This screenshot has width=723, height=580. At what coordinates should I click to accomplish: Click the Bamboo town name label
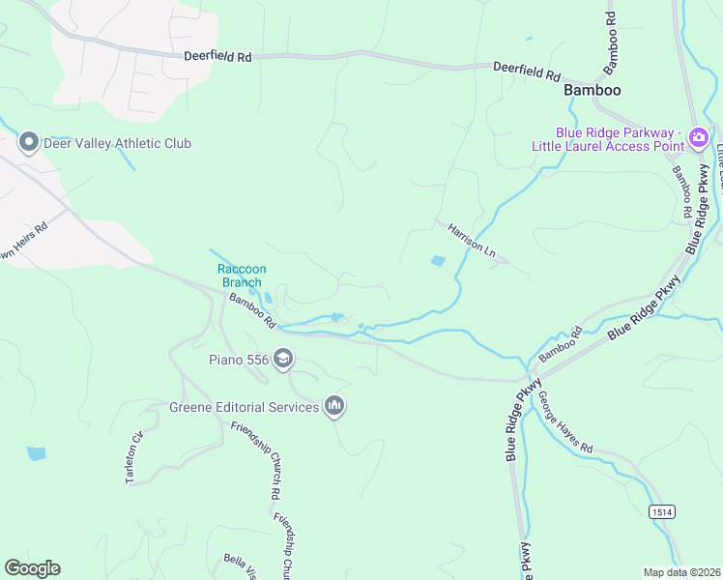[592, 89]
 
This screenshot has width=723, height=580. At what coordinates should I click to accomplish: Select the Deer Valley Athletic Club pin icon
[28, 143]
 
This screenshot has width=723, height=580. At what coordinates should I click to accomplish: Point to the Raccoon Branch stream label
[241, 275]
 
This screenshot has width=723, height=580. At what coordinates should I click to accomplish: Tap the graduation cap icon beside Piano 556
[283, 360]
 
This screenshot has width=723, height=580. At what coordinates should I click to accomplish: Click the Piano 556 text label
[240, 361]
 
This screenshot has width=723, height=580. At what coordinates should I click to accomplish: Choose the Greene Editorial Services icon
[334, 406]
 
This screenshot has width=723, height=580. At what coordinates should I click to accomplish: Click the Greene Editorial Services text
[245, 407]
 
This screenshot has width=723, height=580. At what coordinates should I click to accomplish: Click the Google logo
[32, 568]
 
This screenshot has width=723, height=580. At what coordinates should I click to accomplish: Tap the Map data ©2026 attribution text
[681, 572]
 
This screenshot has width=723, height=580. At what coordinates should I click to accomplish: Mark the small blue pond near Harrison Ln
[438, 261]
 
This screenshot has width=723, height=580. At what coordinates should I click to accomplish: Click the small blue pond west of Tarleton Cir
[36, 452]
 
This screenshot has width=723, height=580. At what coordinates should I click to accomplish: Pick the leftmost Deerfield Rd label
[218, 58]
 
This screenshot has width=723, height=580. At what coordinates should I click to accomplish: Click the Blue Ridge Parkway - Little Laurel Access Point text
[607, 139]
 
